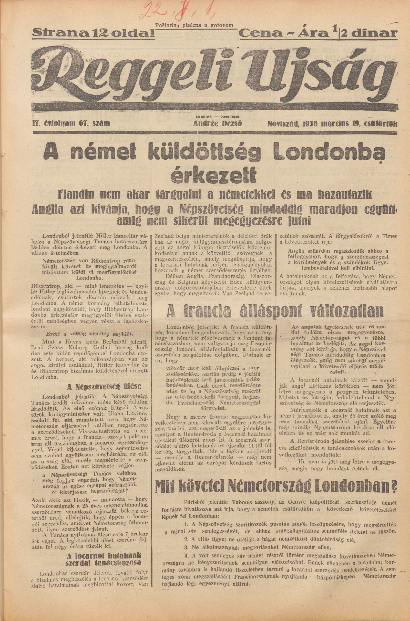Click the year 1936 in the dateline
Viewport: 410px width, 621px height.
[x=309, y=123]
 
